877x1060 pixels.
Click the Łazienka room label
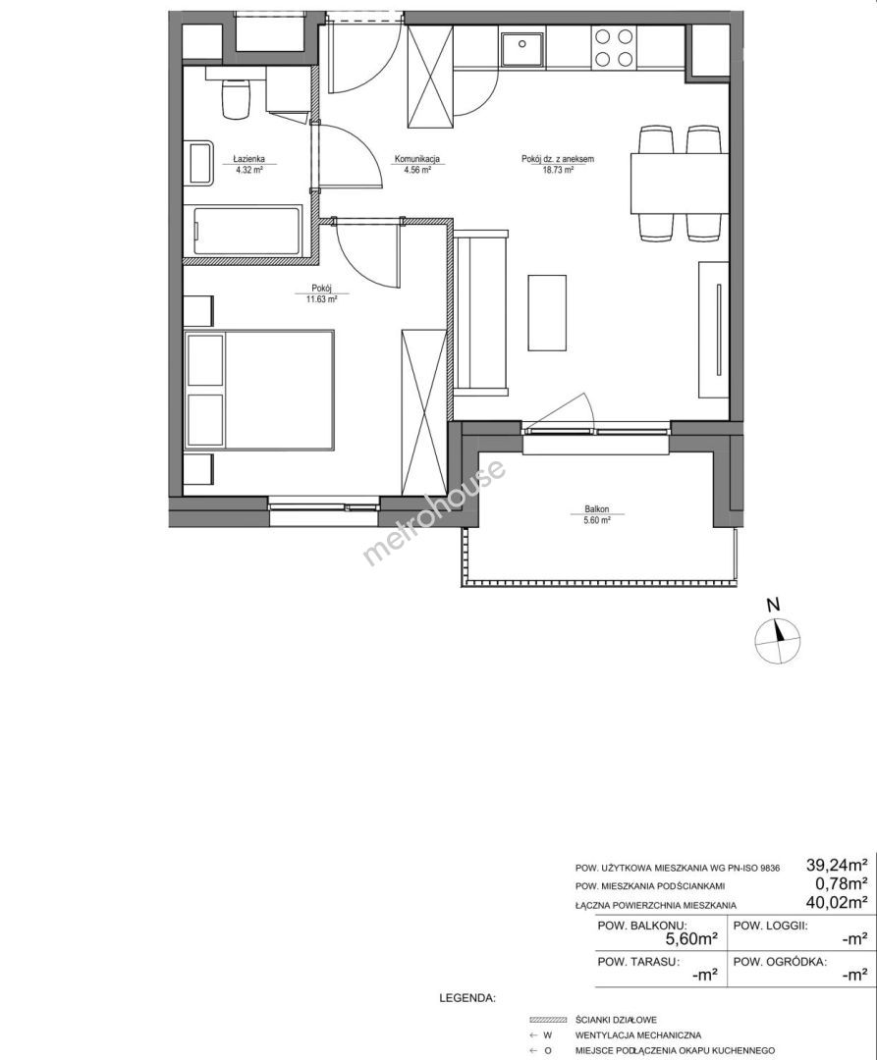[x=248, y=159]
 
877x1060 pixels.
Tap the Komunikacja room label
[x=417, y=159]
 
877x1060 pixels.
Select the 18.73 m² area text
[x=558, y=170]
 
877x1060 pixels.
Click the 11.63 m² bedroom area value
[x=321, y=301]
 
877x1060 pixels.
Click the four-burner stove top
[x=613, y=47]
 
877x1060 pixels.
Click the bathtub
[x=247, y=231]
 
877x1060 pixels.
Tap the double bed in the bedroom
[x=259, y=389]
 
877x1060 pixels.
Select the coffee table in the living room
[x=546, y=312]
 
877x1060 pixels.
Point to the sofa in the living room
[x=480, y=313]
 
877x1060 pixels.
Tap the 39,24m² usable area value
[x=837, y=864]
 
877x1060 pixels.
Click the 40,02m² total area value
[x=837, y=902]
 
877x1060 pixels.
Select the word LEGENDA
[x=467, y=997]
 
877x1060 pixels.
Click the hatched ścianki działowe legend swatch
[x=548, y=1020]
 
